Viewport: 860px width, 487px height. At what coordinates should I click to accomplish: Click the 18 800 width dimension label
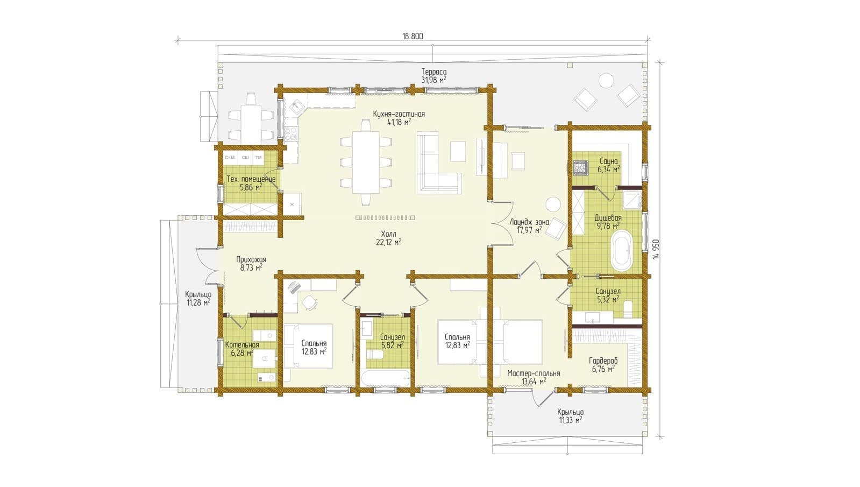point(413,36)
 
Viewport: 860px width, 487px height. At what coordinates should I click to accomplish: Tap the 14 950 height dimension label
point(656,249)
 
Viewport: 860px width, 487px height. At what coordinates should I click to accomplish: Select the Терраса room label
point(434,72)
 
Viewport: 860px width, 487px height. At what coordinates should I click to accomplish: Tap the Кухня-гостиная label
point(399,114)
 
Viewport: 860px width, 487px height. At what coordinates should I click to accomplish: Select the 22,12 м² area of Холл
point(389,242)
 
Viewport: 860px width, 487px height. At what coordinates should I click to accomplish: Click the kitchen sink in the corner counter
point(296,107)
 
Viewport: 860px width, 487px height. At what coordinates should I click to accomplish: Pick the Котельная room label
point(242,344)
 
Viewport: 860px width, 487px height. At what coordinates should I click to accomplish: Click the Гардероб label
point(603,361)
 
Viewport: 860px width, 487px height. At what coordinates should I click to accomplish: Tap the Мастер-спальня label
point(534,373)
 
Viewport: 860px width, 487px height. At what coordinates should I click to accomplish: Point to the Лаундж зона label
point(529,222)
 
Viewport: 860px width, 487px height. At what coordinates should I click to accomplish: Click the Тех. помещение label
point(251,179)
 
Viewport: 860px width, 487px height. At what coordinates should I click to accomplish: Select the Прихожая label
point(251,259)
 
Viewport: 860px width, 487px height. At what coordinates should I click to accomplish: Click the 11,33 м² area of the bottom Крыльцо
point(571,420)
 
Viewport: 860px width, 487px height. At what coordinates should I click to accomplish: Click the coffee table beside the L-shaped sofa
point(458,151)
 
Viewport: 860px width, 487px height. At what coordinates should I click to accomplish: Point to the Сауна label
point(608,161)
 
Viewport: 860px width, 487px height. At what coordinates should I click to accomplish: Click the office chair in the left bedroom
point(309,302)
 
